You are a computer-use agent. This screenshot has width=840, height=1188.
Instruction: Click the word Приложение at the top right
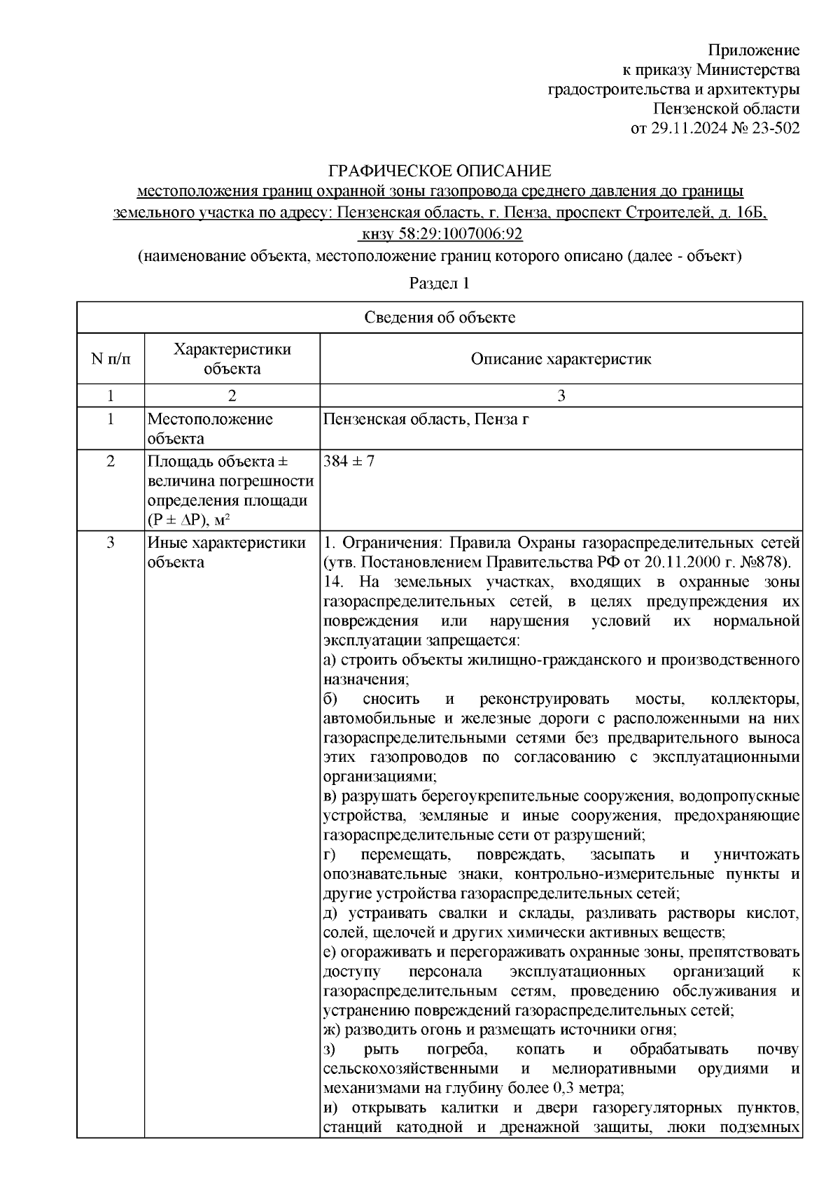click(754, 50)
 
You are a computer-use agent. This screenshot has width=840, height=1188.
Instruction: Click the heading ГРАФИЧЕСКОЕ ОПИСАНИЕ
click(440, 171)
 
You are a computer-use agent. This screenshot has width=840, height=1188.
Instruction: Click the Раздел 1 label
click(439, 283)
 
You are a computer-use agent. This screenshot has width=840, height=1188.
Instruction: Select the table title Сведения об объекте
click(440, 318)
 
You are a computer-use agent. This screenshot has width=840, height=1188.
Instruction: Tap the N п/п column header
click(111, 359)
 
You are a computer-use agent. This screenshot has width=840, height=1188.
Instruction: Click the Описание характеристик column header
click(561, 359)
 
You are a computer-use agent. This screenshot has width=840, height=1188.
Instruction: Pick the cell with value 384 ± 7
click(349, 462)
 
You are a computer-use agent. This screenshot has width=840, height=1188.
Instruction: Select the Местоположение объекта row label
click(210, 429)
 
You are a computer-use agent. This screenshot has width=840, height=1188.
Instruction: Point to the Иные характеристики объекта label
click(227, 553)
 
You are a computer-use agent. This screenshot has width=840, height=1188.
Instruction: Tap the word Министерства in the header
click(748, 70)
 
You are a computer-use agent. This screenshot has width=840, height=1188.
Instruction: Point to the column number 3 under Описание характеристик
click(561, 396)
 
